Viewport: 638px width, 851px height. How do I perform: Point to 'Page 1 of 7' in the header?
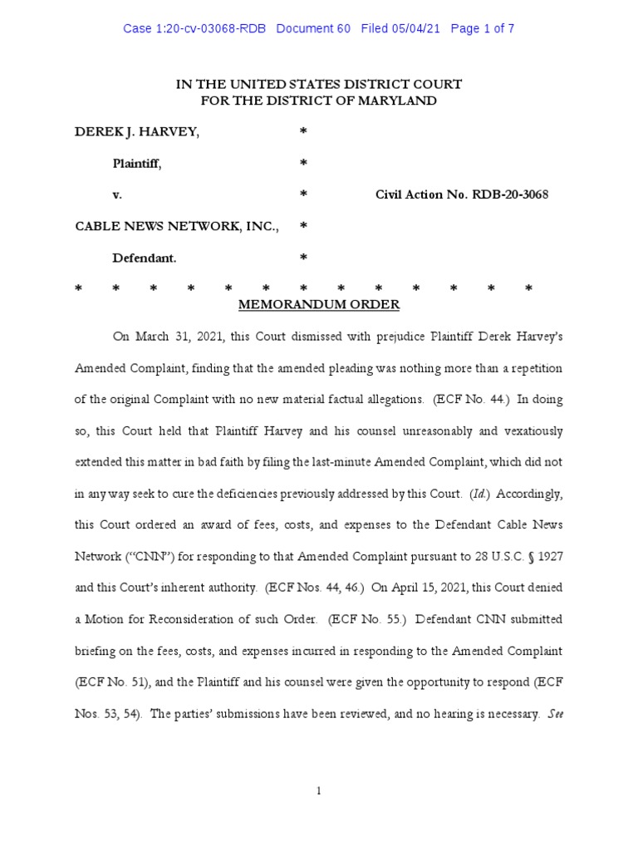click(x=482, y=28)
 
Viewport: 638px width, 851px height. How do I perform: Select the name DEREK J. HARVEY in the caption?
click(x=137, y=132)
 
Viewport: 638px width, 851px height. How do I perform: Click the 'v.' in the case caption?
click(x=117, y=194)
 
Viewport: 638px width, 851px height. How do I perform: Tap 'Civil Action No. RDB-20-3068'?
click(x=462, y=194)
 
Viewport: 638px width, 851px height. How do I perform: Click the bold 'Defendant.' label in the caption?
click(x=145, y=258)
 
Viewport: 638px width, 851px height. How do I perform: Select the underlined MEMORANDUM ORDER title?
click(x=319, y=305)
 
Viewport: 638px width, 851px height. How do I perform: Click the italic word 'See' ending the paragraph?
click(x=556, y=713)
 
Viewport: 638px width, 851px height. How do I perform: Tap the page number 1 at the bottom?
click(x=319, y=790)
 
